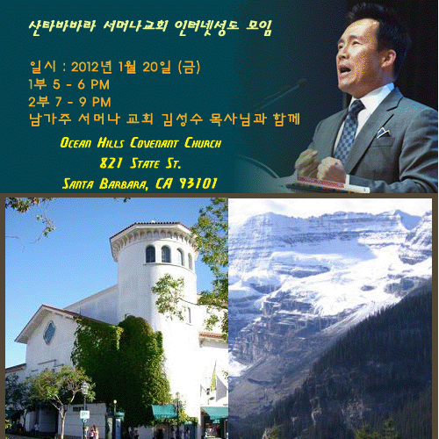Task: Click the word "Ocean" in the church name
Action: click(76, 143)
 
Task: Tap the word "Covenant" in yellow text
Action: click(154, 143)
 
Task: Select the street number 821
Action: click(111, 163)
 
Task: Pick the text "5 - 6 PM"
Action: click(81, 84)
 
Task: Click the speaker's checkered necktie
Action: click(349, 130)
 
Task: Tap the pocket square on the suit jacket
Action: click(383, 133)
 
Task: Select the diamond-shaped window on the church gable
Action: click(49, 333)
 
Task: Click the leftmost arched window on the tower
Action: click(150, 254)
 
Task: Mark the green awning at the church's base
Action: click(164, 412)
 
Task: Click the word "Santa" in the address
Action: click(78, 184)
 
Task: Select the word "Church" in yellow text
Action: click(203, 143)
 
